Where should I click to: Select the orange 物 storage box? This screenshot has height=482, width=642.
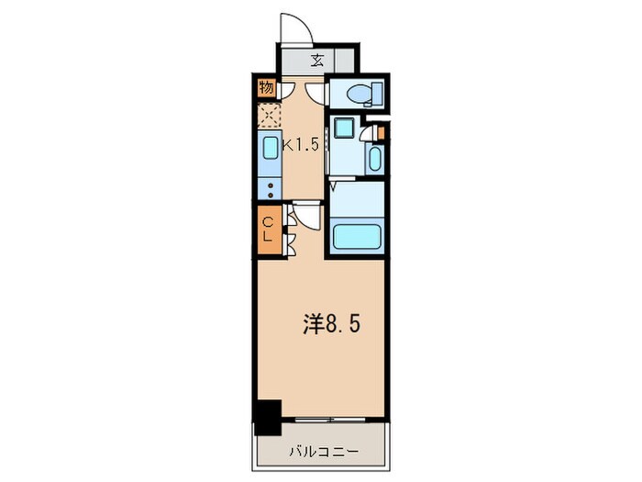click(266, 88)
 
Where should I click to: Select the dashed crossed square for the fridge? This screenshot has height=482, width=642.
click(270, 117)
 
